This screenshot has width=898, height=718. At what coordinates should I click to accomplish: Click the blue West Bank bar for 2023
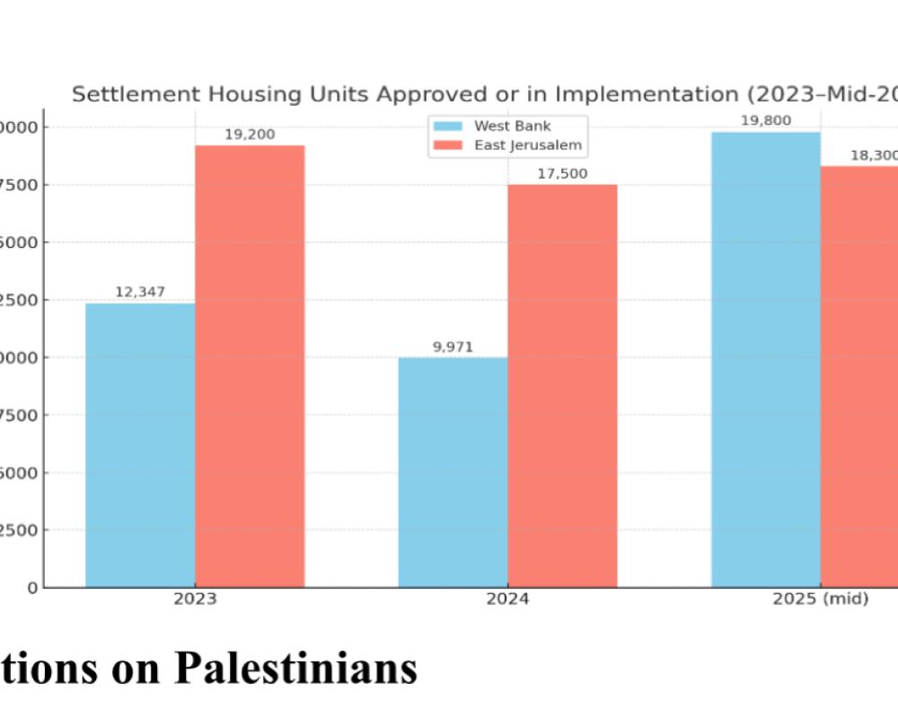click(x=140, y=445)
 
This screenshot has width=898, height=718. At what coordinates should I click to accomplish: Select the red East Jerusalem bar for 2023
click(x=250, y=366)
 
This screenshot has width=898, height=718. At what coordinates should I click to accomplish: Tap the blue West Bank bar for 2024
click(x=453, y=472)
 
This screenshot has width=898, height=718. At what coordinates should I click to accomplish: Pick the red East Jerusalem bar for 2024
click(x=562, y=386)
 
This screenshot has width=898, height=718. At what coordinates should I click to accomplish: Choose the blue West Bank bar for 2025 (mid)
click(x=766, y=359)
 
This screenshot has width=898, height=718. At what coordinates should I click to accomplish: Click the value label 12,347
click(x=140, y=292)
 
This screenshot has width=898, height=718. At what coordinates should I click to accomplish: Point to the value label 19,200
click(x=250, y=135)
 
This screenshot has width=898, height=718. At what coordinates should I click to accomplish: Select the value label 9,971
click(x=453, y=346)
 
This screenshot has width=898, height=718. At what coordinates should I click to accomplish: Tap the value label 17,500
click(x=562, y=173)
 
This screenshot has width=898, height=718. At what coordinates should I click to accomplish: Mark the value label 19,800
click(x=765, y=120)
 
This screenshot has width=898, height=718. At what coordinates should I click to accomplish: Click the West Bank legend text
click(x=513, y=126)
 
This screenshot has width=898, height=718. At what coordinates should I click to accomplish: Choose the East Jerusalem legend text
click(x=528, y=144)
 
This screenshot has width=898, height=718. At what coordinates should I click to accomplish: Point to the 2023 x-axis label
click(x=195, y=599)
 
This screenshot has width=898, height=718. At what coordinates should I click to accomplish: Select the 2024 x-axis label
click(x=507, y=599)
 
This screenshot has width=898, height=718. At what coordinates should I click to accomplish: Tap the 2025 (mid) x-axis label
click(x=820, y=599)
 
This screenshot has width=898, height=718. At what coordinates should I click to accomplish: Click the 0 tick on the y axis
click(x=33, y=588)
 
